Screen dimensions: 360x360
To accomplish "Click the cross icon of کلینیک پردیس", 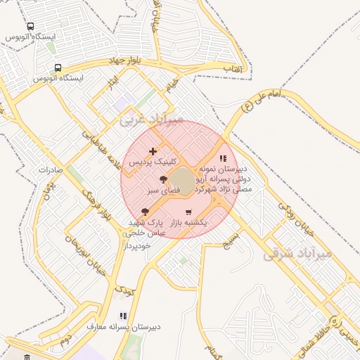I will [x=153, y=151].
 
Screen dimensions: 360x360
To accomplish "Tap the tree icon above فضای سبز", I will [x=163, y=179].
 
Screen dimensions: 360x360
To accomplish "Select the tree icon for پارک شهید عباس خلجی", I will [x=145, y=211].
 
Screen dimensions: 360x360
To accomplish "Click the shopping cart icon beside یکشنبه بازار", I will [x=188, y=212].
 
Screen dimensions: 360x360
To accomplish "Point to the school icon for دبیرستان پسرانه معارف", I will [x=123, y=316].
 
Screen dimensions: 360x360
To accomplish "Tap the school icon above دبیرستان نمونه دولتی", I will [x=223, y=159].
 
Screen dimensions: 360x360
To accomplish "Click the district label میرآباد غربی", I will [x=150, y=120].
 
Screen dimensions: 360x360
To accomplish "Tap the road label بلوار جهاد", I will [x=126, y=61].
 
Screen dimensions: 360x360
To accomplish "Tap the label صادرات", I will [x=51, y=169].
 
